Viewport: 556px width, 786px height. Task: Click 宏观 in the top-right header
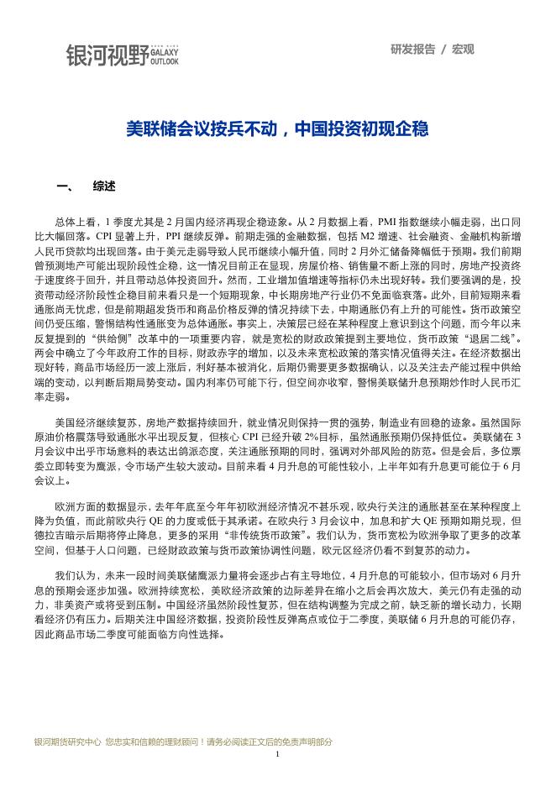pyautogui.click(x=464, y=49)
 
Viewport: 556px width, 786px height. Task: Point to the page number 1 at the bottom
pyautogui.click(x=277, y=755)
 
